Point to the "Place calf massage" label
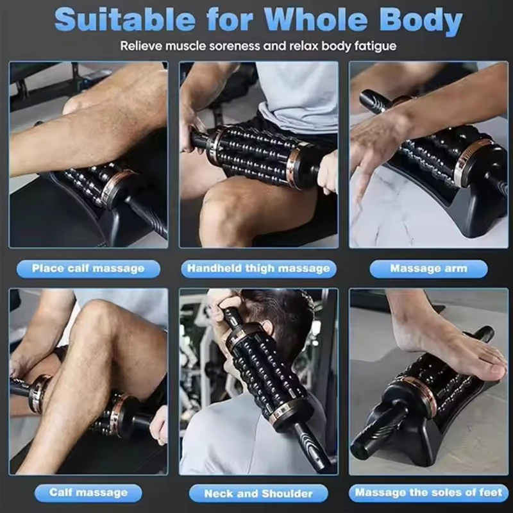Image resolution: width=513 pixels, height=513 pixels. point(88,269)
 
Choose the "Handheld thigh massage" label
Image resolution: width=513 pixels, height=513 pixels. point(258,269)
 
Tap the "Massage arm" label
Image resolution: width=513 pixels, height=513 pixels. point(428,269)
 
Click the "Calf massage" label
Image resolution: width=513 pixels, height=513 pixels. point(88,492)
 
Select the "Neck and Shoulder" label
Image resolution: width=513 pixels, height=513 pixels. point(258,493)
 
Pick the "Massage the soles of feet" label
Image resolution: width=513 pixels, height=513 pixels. point(428,492)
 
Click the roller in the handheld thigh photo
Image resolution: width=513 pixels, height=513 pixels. point(253,154)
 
